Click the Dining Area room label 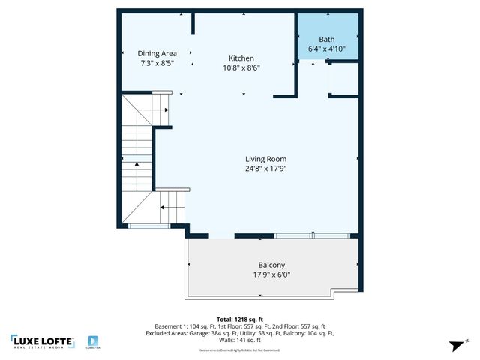157,53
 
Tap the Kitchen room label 241,58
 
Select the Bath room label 327,40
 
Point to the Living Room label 266,159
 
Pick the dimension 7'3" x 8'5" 157,64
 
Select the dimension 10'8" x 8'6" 241,68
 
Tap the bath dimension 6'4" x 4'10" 327,49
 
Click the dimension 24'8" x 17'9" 266,169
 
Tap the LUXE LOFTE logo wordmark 43,340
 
